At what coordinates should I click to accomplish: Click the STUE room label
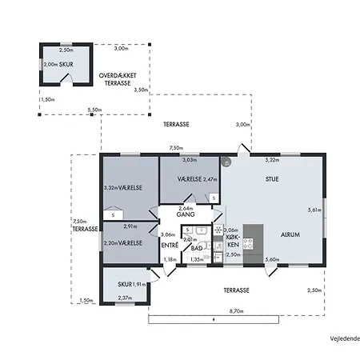click(272, 179)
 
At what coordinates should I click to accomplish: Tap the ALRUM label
click(290, 234)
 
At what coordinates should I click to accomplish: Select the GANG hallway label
click(186, 214)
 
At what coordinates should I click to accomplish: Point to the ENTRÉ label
click(170, 245)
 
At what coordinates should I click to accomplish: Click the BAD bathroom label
click(197, 248)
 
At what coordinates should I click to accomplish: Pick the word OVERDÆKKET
click(118, 75)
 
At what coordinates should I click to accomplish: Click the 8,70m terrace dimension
click(237, 311)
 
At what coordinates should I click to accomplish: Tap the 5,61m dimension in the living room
click(314, 210)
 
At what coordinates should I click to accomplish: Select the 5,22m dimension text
click(272, 160)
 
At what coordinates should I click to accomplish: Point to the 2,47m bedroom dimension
click(210, 179)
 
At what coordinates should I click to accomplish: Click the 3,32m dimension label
click(110, 188)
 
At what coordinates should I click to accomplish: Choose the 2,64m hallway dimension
click(186, 209)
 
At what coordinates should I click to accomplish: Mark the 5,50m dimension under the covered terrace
click(94, 110)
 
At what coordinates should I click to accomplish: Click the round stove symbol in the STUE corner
click(226, 162)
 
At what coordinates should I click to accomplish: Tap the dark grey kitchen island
click(253, 245)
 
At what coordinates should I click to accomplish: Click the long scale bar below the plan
click(214, 319)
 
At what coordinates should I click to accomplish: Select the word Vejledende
click(345, 338)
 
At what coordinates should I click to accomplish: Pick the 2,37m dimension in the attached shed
click(125, 298)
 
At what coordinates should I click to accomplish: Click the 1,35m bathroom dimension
click(197, 259)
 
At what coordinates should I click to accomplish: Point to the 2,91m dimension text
click(130, 226)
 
